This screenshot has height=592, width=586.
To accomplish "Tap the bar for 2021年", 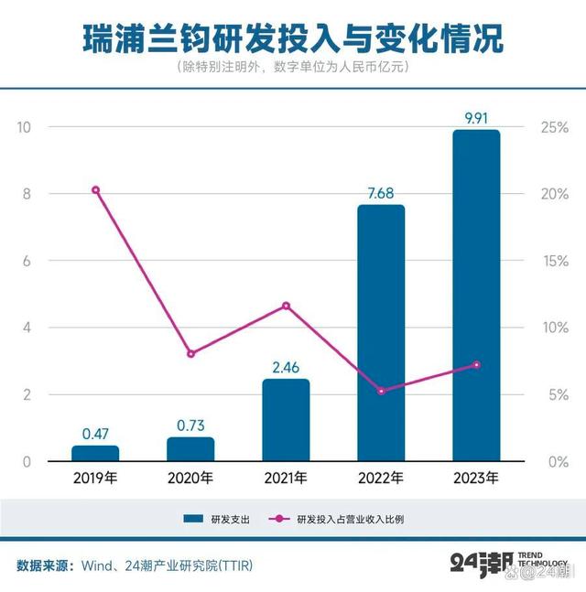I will pyautogui.click(x=286, y=419).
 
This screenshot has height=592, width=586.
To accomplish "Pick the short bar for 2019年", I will pyautogui.click(x=95, y=453).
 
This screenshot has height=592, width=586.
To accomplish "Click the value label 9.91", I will pyautogui.click(x=476, y=118).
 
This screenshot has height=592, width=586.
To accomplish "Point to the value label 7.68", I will pyautogui.click(x=381, y=192).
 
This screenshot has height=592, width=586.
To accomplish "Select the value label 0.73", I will pyautogui.click(x=190, y=425).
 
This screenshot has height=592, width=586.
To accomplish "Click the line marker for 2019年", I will pyautogui.click(x=95, y=190).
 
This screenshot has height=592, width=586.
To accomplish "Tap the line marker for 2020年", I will pyautogui.click(x=190, y=354).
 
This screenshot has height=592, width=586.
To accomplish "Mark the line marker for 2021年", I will pyautogui.click(x=286, y=306).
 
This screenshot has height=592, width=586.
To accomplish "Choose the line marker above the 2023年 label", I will pyautogui.click(x=476, y=365).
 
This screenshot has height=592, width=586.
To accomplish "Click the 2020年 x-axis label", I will pyautogui.click(x=190, y=478).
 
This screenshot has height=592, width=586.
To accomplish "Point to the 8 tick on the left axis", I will pyautogui.click(x=27, y=194).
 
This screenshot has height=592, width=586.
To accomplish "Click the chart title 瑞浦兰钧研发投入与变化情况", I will pyautogui.click(x=293, y=39).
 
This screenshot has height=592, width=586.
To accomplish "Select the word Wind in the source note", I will pyautogui.click(x=98, y=565).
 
